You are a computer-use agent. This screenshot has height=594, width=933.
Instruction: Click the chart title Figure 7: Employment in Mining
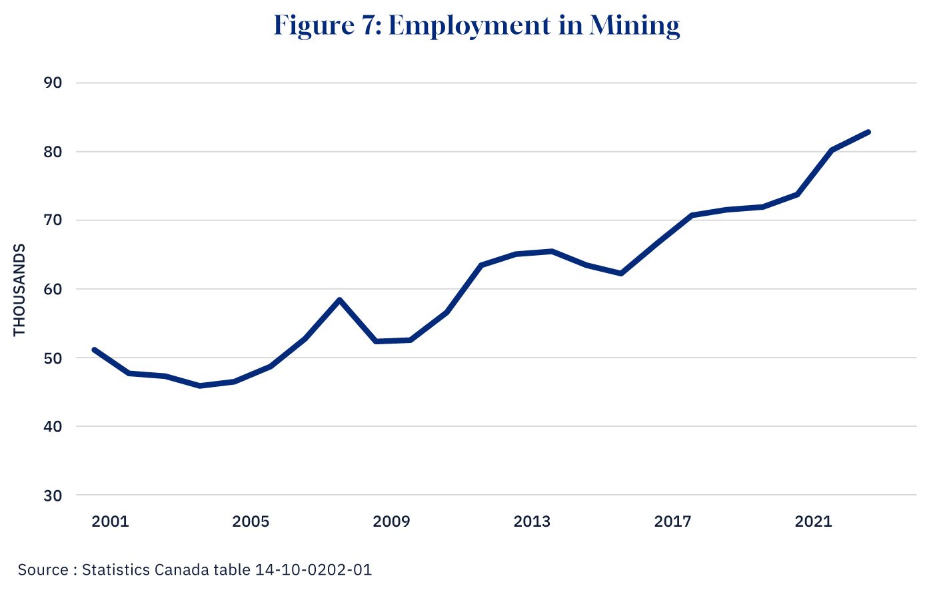(x=476, y=26)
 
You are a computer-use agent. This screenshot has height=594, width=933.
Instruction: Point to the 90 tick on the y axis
(x=52, y=83)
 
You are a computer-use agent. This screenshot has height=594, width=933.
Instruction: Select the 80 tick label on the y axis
(x=52, y=152)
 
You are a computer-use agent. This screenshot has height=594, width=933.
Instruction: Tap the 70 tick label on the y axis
(x=52, y=220)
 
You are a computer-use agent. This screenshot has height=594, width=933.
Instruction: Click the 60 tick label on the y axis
(x=52, y=289)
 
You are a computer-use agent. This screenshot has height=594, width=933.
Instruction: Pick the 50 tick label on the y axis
(x=52, y=358)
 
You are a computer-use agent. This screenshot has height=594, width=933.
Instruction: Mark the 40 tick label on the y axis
(x=52, y=427)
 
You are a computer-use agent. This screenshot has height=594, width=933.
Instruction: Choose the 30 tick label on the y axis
(x=52, y=496)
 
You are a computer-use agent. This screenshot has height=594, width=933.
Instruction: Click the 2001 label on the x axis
(x=110, y=521)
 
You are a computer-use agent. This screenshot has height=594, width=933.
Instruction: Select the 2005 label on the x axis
(x=251, y=521)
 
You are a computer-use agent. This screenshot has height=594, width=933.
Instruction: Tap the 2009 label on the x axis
(x=391, y=521)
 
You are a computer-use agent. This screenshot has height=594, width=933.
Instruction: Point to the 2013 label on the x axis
(x=532, y=521)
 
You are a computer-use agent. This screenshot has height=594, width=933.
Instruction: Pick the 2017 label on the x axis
(x=672, y=521)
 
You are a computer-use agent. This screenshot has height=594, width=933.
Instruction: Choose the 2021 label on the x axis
(x=813, y=521)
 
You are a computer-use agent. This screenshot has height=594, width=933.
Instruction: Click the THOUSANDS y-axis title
(x=19, y=290)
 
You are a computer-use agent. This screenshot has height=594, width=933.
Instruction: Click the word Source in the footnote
(x=43, y=570)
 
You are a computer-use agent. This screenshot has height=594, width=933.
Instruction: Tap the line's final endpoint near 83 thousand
(x=868, y=132)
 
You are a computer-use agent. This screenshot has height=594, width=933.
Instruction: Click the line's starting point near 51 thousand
(x=94, y=350)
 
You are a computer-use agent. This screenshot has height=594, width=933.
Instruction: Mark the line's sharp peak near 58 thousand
(x=340, y=300)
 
